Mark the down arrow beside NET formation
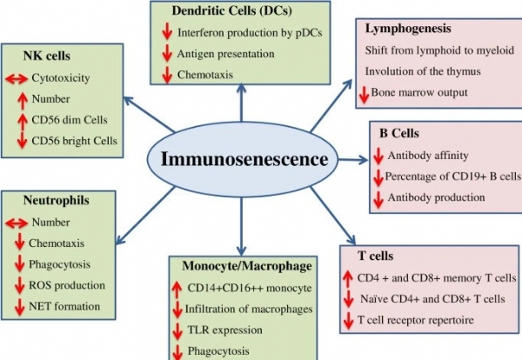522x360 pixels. tap(18, 306)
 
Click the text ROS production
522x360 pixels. tap(67, 285)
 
